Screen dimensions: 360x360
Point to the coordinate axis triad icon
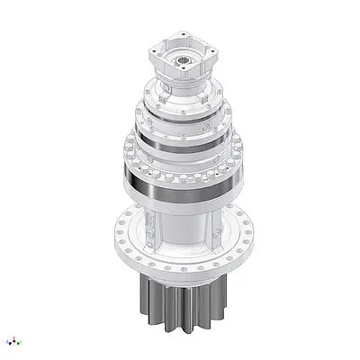click(13, 341)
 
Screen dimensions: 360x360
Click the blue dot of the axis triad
click(9, 342)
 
